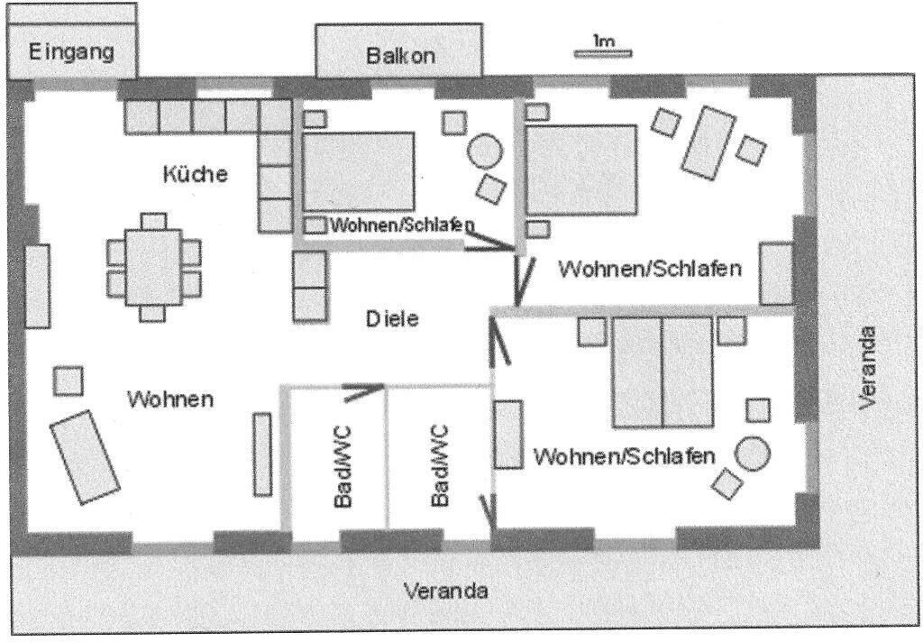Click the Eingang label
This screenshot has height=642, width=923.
pyautogui.click(x=71, y=51)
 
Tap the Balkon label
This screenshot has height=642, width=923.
pyautogui.click(x=400, y=56)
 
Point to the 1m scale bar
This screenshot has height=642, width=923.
pyautogui.click(x=603, y=53)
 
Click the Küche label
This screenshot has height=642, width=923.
pyautogui.click(x=195, y=174)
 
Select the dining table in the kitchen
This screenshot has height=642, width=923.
pyautogui.click(x=152, y=268)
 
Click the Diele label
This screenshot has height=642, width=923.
pyautogui.click(x=392, y=318)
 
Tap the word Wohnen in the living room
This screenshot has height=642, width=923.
pyautogui.click(x=170, y=399)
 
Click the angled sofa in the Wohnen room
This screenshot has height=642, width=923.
pyautogui.click(x=85, y=457)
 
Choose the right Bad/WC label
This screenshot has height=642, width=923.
pyautogui.click(x=439, y=466)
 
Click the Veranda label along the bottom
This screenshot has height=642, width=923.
pyautogui.click(x=445, y=591)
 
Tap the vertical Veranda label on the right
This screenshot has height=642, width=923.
pyautogui.click(x=866, y=368)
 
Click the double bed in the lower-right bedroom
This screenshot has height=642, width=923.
pyautogui.click(x=663, y=372)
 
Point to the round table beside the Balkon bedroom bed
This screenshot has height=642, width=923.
pyautogui.click(x=485, y=151)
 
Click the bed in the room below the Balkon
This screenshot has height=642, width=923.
pyautogui.click(x=358, y=171)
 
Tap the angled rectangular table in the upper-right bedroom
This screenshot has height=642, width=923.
pyautogui.click(x=708, y=142)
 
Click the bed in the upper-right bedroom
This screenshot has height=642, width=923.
pyautogui.click(x=581, y=170)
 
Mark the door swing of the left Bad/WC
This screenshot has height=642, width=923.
pyautogui.click(x=362, y=391)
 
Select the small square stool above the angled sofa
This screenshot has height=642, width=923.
pyautogui.click(x=69, y=381)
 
